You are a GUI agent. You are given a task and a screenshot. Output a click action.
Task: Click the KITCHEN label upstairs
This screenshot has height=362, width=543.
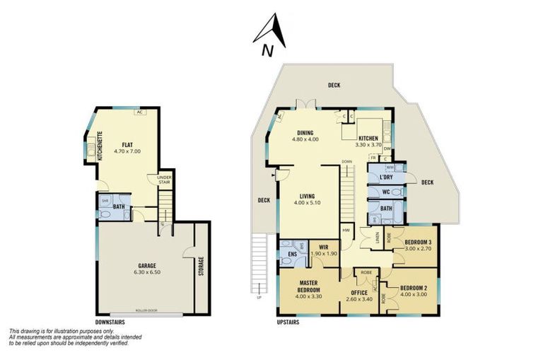[x=368, y=138]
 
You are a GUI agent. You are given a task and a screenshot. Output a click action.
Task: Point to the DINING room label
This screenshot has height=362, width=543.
[x=305, y=132]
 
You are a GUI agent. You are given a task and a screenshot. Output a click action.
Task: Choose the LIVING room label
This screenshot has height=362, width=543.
[x=305, y=197]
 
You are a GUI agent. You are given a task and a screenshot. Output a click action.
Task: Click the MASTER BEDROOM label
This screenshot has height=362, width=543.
[x=308, y=286]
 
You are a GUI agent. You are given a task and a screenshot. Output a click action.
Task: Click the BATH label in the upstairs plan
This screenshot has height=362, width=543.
[x=386, y=209]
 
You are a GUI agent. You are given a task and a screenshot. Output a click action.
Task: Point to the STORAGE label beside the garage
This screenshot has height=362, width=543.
[x=202, y=267]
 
